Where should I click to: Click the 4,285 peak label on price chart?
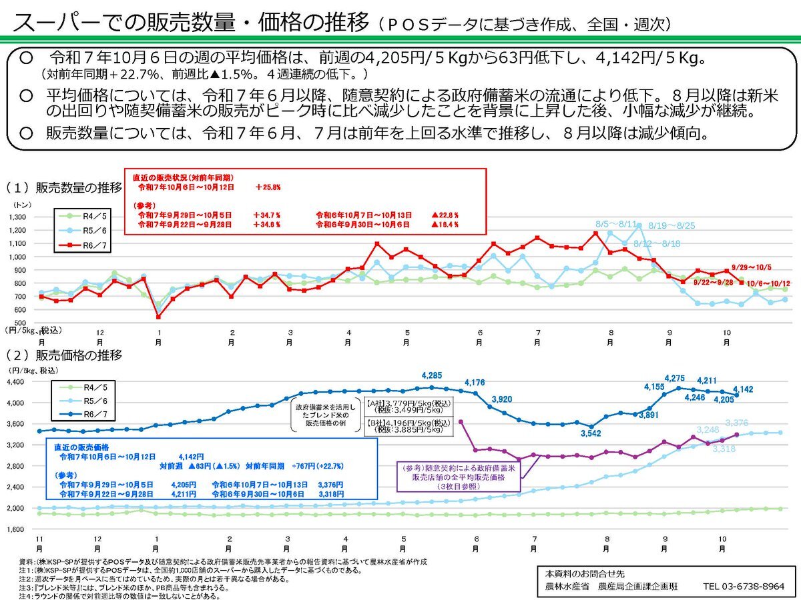click(x=432, y=375)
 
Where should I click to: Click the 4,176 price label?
click(x=473, y=382)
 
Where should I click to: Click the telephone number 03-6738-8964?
click(x=743, y=587)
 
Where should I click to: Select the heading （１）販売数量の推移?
click(x=63, y=187)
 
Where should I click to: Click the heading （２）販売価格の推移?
click(x=63, y=355)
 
